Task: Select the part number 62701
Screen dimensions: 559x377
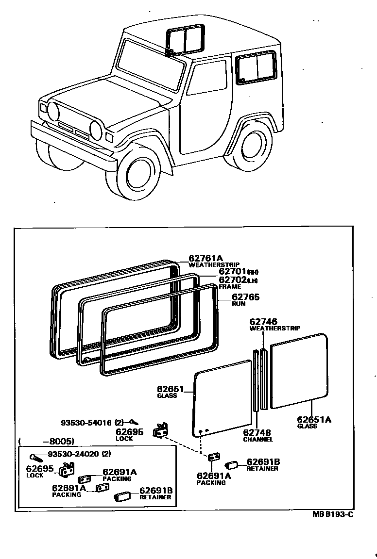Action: (x=233, y=272)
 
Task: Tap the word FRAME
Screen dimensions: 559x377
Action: (x=229, y=287)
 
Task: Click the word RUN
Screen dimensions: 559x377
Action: (x=238, y=304)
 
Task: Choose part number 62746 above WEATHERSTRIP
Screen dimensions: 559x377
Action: (x=264, y=321)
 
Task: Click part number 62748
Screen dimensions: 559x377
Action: (x=257, y=432)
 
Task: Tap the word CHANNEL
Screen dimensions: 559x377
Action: (x=258, y=440)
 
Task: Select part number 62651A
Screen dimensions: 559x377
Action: (x=314, y=419)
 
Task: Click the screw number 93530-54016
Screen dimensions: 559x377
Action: (x=86, y=422)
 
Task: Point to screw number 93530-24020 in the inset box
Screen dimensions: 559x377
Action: (x=73, y=454)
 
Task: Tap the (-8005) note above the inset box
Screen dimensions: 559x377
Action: (x=46, y=442)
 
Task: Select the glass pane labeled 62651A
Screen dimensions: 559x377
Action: (x=298, y=370)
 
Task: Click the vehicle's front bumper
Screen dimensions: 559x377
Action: (x=73, y=146)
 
